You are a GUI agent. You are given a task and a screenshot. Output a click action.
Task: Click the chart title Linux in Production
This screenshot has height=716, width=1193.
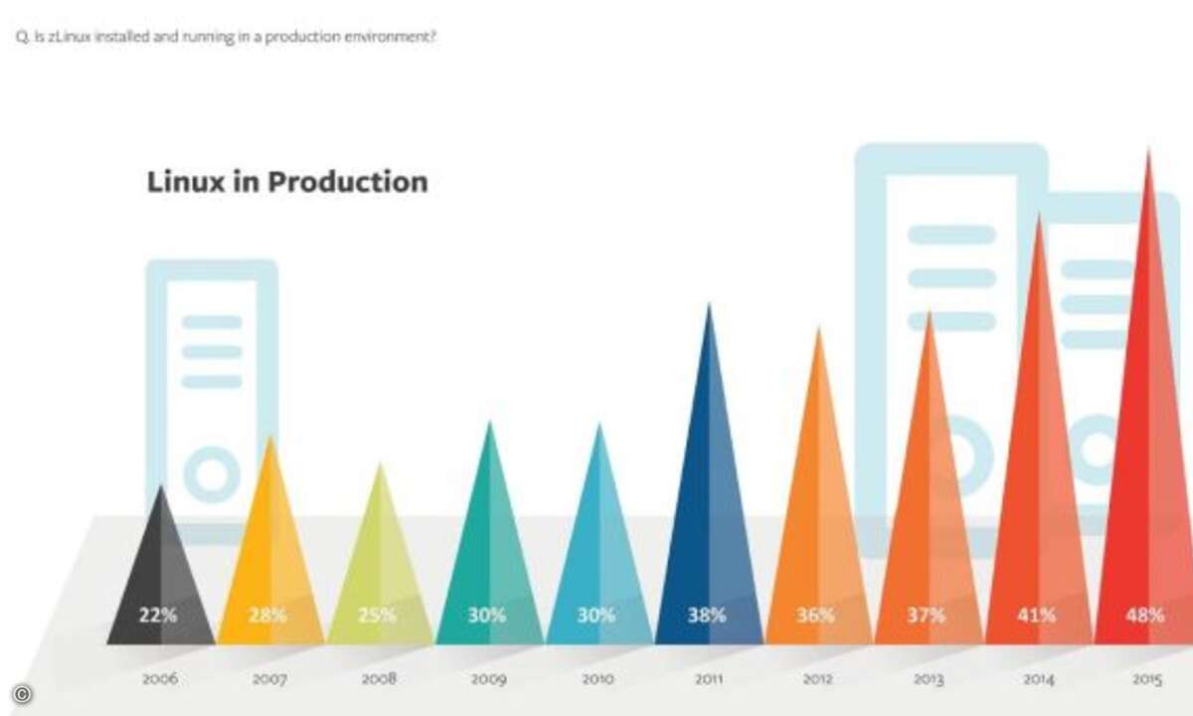pos(287,182)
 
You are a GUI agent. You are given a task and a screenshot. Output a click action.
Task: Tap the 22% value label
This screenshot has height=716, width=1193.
pos(158,616)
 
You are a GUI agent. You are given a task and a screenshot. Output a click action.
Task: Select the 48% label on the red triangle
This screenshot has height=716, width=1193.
pos(1144,616)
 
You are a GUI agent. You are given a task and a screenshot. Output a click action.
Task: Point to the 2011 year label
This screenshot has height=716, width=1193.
pos(709,678)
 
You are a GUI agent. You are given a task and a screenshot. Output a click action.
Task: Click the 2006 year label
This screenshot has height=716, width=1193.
pos(160,678)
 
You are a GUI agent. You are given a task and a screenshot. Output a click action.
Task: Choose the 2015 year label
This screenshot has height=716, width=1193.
pos(1147,679)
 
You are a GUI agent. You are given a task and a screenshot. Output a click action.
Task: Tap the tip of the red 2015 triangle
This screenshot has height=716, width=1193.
pos(1148,150)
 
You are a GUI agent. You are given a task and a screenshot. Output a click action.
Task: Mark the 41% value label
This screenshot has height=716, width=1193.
pos(1036,616)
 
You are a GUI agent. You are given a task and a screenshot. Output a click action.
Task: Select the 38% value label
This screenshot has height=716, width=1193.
pos(707,616)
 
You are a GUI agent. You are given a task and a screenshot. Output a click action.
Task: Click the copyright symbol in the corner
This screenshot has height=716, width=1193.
pos(22,694)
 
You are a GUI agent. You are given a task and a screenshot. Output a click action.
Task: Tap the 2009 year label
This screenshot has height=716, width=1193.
pos(488,679)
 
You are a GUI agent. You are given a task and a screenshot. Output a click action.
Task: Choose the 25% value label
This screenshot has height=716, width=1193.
pos(377,616)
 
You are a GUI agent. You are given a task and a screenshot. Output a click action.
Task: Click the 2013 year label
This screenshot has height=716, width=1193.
pos(929,679)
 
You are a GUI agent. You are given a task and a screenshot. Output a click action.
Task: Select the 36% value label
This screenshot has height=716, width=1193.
pos(815,616)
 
